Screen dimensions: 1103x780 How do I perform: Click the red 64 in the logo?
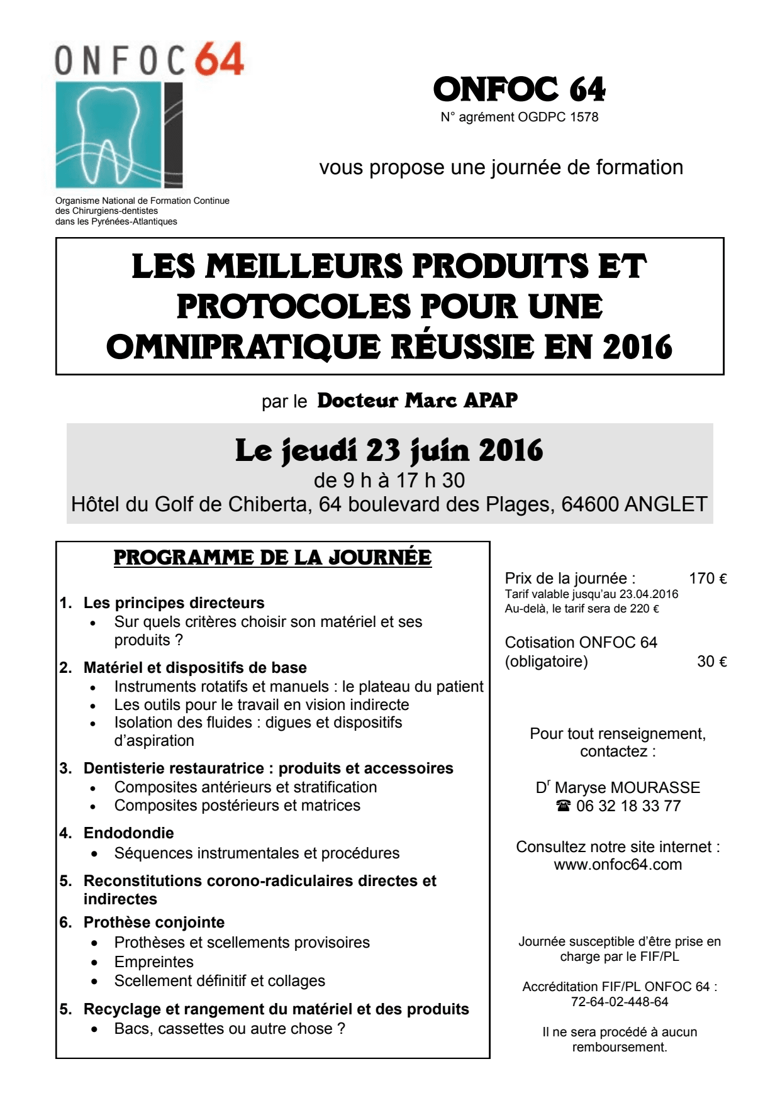pyautogui.click(x=218, y=60)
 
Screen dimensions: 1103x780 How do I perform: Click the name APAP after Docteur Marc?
pyautogui.click(x=491, y=401)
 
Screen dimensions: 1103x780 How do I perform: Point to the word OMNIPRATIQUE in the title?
pyautogui.click(x=243, y=346)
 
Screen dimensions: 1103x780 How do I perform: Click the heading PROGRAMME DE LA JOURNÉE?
pyautogui.click(x=272, y=558)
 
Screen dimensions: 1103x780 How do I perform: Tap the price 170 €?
pyautogui.click(x=708, y=579)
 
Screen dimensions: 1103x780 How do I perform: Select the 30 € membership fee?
pyautogui.click(x=712, y=662)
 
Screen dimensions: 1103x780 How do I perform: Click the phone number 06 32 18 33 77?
pyautogui.click(x=628, y=806)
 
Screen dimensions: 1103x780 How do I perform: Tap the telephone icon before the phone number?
pyautogui.click(x=564, y=806)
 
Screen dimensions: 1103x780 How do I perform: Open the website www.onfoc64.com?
pyautogui.click(x=618, y=865)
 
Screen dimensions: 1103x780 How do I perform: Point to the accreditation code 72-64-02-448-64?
pyautogui.click(x=620, y=1002)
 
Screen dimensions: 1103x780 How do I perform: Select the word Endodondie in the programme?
pyautogui.click(x=128, y=833)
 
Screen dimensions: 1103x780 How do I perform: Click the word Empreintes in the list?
pyautogui.click(x=153, y=962)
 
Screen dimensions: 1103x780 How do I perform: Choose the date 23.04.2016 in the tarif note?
pyautogui.click(x=649, y=594)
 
